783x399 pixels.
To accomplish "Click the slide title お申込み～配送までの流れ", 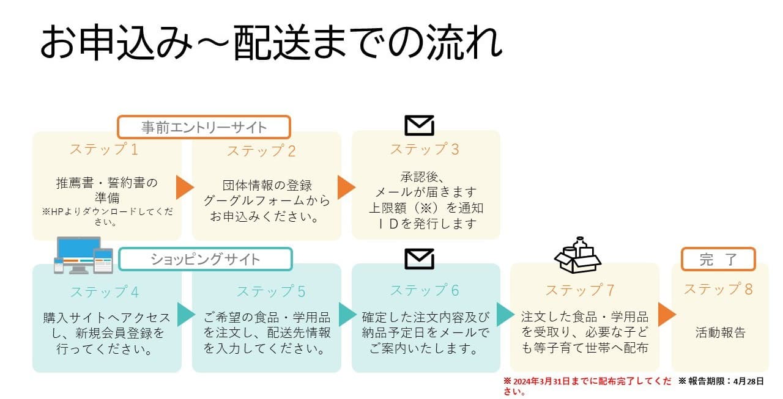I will pos(272,43).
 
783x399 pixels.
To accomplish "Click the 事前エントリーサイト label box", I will pos(204,128).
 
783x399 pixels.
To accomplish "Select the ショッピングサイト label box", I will pos(205,259).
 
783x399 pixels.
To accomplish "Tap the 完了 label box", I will pos(718,259).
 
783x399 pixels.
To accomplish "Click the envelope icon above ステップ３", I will pos(420,125).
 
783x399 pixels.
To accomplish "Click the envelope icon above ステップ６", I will pos(420,258).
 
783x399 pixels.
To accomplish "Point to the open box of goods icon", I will pos(577,256).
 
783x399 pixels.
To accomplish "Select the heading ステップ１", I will pos(104,149).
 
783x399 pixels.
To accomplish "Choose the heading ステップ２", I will pos(261,151).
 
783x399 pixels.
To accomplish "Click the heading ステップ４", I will pos(104,291).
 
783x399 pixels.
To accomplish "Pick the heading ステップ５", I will pos(271,291).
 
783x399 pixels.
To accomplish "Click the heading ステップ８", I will pos(718,289).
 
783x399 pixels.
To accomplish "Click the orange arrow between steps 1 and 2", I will pos(185,188).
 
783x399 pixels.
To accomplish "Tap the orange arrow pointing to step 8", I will pos(667,314).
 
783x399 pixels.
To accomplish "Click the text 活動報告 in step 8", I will pos(721,333).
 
